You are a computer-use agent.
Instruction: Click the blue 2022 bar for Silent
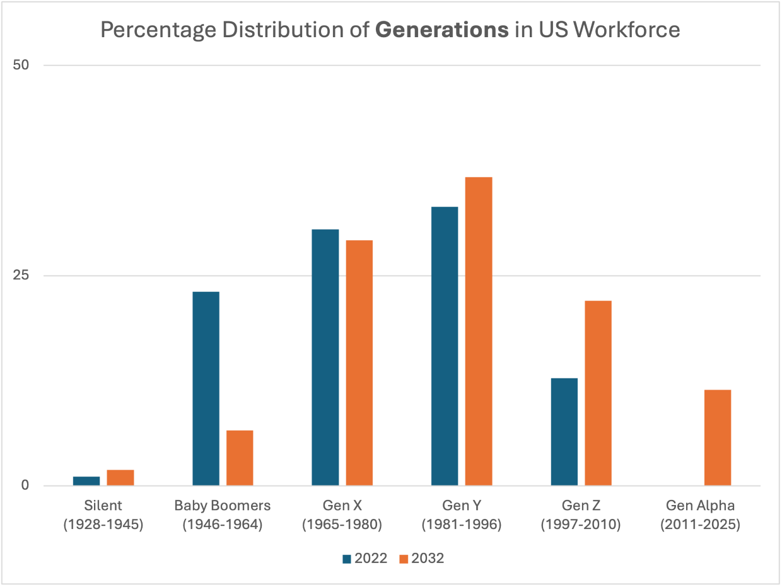pyautogui.click(x=86, y=480)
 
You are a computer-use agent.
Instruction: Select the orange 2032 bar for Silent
pyautogui.click(x=120, y=477)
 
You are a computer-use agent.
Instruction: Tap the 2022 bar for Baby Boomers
pyautogui.click(x=206, y=388)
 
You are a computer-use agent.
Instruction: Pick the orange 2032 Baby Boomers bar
pyautogui.click(x=240, y=458)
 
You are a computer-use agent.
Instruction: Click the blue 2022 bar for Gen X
pyautogui.click(x=325, y=357)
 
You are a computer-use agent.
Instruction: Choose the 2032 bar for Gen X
pyautogui.click(x=359, y=363)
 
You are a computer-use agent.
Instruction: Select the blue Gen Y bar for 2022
pyautogui.click(x=445, y=346)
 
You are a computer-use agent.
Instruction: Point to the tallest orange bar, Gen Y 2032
pyautogui.click(x=479, y=331)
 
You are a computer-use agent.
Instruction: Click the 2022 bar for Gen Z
pyautogui.click(x=564, y=432)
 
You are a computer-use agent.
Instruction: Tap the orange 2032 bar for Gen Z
pyautogui.click(x=598, y=393)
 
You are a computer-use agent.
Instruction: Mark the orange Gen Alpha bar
pyautogui.click(x=717, y=438)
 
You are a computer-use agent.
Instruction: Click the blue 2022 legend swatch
pyautogui.click(x=346, y=559)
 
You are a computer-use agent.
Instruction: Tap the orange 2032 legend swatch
pyautogui.click(x=404, y=559)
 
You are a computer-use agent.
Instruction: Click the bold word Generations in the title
pyautogui.click(x=441, y=30)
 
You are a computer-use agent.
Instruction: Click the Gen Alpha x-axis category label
pyautogui.click(x=700, y=515)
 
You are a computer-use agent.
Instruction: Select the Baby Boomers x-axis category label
pyautogui.click(x=222, y=515)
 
